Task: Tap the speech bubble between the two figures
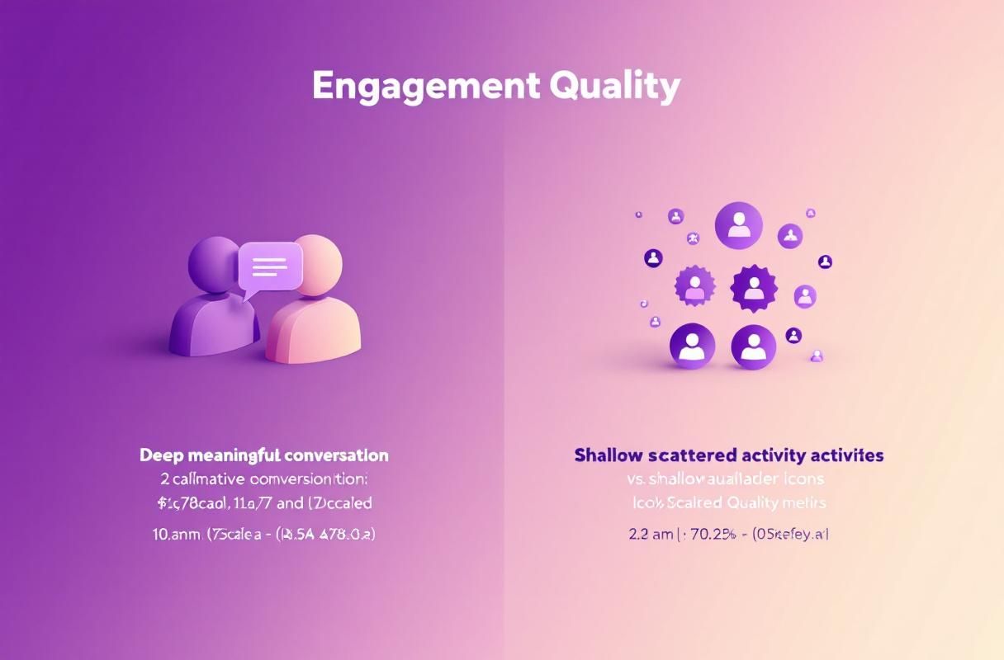pyautogui.click(x=270, y=267)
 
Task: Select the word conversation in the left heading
pyautogui.click(x=336, y=455)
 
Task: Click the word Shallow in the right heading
pyautogui.click(x=609, y=455)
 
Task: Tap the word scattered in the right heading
pyautogui.click(x=694, y=455)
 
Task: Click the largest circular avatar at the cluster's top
pyautogui.click(x=738, y=225)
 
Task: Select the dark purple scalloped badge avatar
pyautogui.click(x=754, y=288)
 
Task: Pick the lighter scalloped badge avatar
pyautogui.click(x=694, y=286)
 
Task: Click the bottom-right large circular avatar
pyautogui.click(x=753, y=346)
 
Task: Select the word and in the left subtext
pyautogui.click(x=291, y=502)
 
